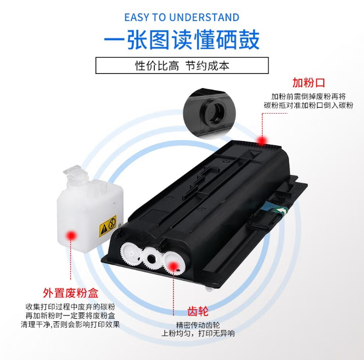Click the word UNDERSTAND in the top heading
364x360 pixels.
pos(204,18)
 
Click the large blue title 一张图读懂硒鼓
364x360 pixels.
pos(182,40)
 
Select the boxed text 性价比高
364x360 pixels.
pos(157,66)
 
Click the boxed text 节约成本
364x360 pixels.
pos(207,66)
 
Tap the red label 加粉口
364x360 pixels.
pos(309,83)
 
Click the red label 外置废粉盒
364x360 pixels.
pos(71,293)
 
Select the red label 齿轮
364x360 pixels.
pos(198,311)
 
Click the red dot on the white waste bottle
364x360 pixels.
pos(71,236)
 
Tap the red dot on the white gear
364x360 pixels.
pos(173,266)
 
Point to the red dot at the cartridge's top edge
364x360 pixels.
pos(262,141)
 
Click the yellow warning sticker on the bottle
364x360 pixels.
pos(108,226)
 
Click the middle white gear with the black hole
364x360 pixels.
pos(151,258)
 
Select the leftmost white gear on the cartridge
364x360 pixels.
pos(131,254)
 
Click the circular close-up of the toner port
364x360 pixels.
pos(209,113)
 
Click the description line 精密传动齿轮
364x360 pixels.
pos(198,325)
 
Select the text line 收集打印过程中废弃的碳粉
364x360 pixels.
pos(71,307)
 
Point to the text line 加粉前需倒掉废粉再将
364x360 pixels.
pos(309,96)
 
